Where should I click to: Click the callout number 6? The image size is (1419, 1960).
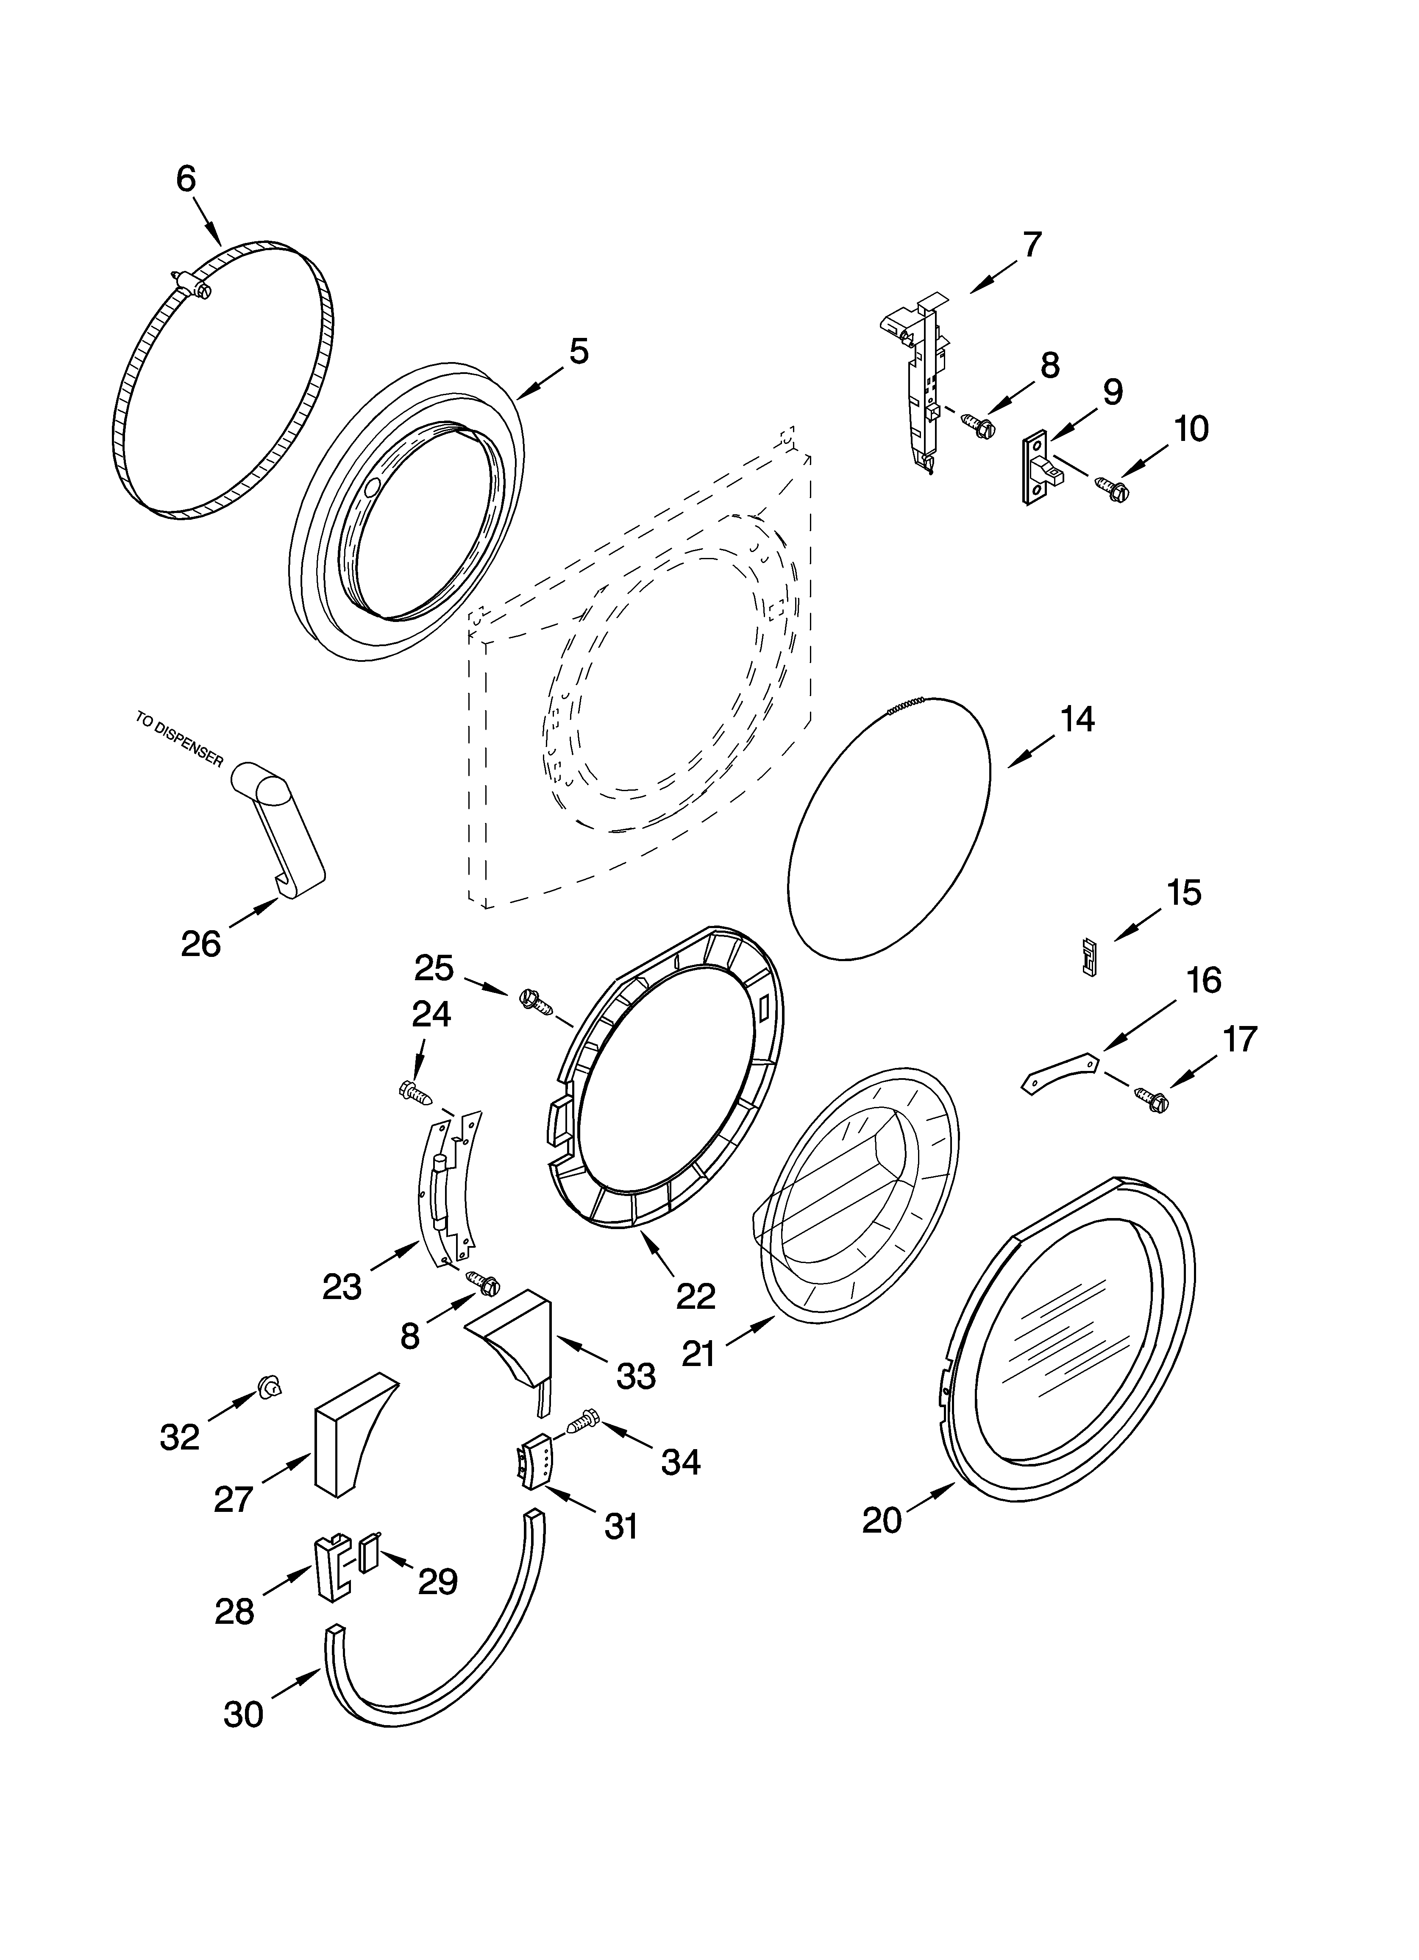point(186,179)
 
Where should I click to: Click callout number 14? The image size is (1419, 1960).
point(1077,719)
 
